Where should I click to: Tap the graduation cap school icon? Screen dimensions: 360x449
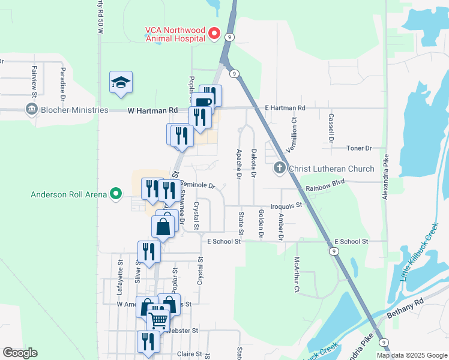pos(121,83)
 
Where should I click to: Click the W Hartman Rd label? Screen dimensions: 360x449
pos(153,110)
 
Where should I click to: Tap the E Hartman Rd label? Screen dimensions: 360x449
pos(285,108)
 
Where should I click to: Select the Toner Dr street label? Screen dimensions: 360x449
pos(360,148)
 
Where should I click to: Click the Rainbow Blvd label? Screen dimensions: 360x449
pos(325,188)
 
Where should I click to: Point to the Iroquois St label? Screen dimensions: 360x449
pos(285,206)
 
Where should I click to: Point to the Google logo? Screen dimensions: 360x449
pos(20,353)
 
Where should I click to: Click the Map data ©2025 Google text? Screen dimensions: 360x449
pos(411,355)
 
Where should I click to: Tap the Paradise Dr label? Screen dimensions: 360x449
pos(62,81)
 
